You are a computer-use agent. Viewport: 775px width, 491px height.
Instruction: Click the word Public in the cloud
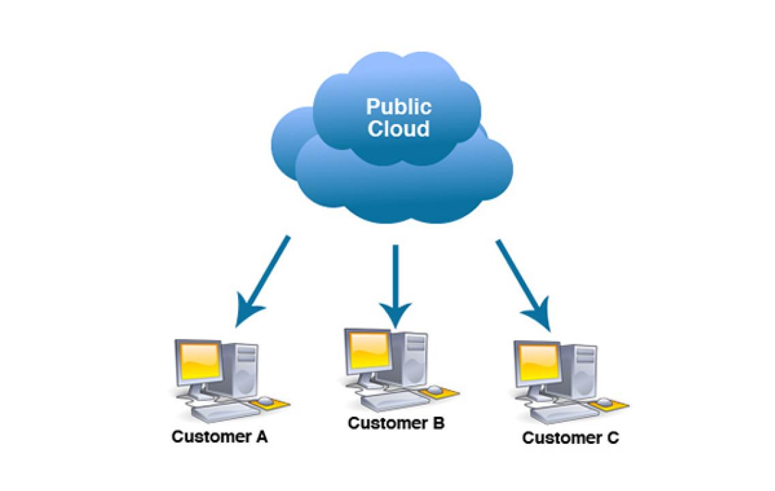pos(399,107)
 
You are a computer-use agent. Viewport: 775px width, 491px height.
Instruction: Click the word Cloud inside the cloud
pos(399,129)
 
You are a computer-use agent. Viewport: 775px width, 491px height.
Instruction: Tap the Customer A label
pos(219,437)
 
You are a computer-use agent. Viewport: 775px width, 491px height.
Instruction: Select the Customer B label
pos(396,423)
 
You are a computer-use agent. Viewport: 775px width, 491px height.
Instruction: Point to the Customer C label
pos(571,438)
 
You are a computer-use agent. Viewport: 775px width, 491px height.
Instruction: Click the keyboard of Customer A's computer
pos(218,411)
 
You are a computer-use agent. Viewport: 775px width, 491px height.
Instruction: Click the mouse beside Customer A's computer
pos(264,399)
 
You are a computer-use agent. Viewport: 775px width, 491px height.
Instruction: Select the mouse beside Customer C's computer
pos(603,400)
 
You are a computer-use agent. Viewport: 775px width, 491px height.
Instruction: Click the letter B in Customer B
pos(438,423)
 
